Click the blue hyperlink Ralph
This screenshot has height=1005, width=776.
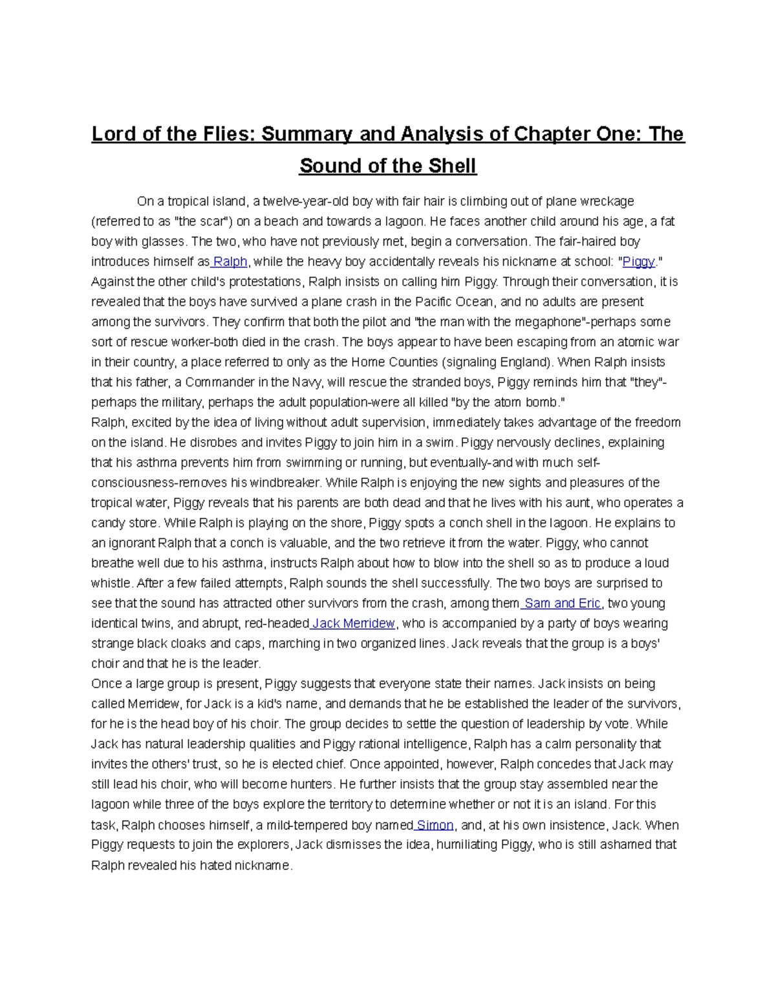[x=230, y=261]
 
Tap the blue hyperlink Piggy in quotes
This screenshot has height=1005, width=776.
[x=638, y=261]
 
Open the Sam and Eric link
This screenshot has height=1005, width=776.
[x=563, y=603]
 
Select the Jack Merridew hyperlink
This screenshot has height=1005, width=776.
[x=353, y=623]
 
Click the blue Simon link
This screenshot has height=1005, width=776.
[x=435, y=825]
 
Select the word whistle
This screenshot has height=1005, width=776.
[x=110, y=583]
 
